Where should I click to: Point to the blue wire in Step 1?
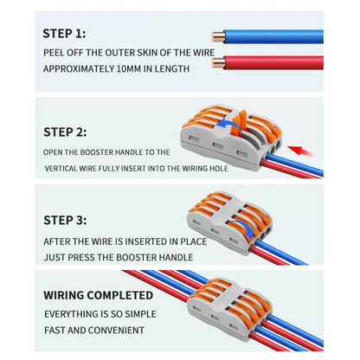(277, 37)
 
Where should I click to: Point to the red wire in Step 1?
(277, 62)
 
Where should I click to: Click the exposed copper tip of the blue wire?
(217, 36)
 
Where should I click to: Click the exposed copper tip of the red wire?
(217, 62)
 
